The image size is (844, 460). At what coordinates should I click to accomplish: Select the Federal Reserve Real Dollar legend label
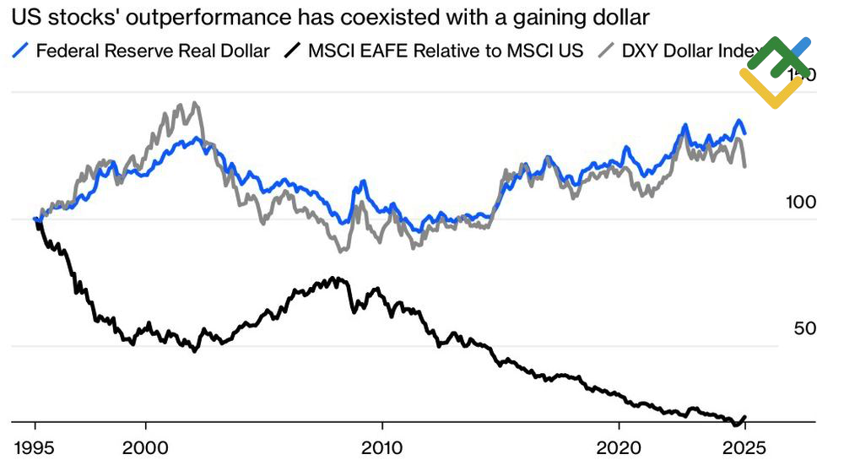click(154, 51)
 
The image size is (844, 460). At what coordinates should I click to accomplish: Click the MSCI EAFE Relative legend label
click(446, 51)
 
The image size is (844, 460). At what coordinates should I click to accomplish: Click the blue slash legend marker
click(24, 51)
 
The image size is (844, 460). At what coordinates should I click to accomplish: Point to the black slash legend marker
click(292, 51)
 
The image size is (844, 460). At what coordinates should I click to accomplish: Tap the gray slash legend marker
click(607, 51)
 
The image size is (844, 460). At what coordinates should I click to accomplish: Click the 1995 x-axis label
click(35, 445)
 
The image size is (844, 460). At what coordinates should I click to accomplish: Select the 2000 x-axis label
click(146, 445)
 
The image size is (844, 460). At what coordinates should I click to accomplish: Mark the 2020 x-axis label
click(619, 445)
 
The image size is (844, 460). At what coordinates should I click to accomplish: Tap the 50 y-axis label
click(805, 328)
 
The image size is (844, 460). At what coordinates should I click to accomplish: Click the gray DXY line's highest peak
click(195, 104)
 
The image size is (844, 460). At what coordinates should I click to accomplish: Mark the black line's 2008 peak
click(336, 278)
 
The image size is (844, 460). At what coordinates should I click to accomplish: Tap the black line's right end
click(745, 416)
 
